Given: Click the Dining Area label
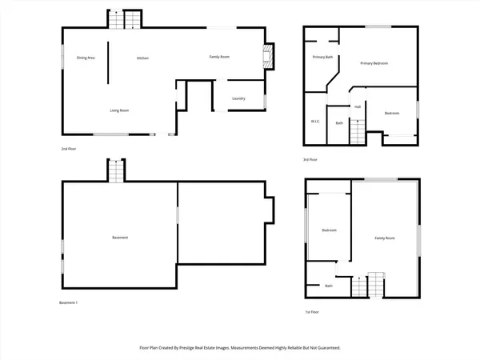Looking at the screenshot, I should tap(86, 58).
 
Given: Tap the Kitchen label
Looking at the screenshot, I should tap(142, 58).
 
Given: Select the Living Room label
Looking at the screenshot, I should tap(119, 110).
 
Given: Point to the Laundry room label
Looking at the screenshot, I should tap(238, 98).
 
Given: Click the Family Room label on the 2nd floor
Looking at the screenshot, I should tap(220, 57).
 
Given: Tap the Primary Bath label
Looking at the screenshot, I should tap(323, 57).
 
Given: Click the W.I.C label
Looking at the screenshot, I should tap(315, 122).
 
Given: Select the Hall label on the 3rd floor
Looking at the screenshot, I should tap(358, 106).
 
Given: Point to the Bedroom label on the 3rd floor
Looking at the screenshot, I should tap(391, 114).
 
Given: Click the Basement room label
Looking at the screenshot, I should tap(120, 238).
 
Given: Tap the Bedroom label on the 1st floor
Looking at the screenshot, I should tap(329, 230).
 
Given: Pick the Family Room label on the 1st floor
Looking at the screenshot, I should tap(386, 238).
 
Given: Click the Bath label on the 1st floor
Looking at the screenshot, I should tap(329, 286).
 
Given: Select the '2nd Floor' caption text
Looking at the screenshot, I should tap(69, 150).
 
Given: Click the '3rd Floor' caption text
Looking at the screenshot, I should tap(310, 160).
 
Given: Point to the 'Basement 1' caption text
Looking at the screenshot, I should tap(69, 302).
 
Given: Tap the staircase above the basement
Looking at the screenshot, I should tap(117, 170).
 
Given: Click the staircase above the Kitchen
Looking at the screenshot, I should tap(117, 18).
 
